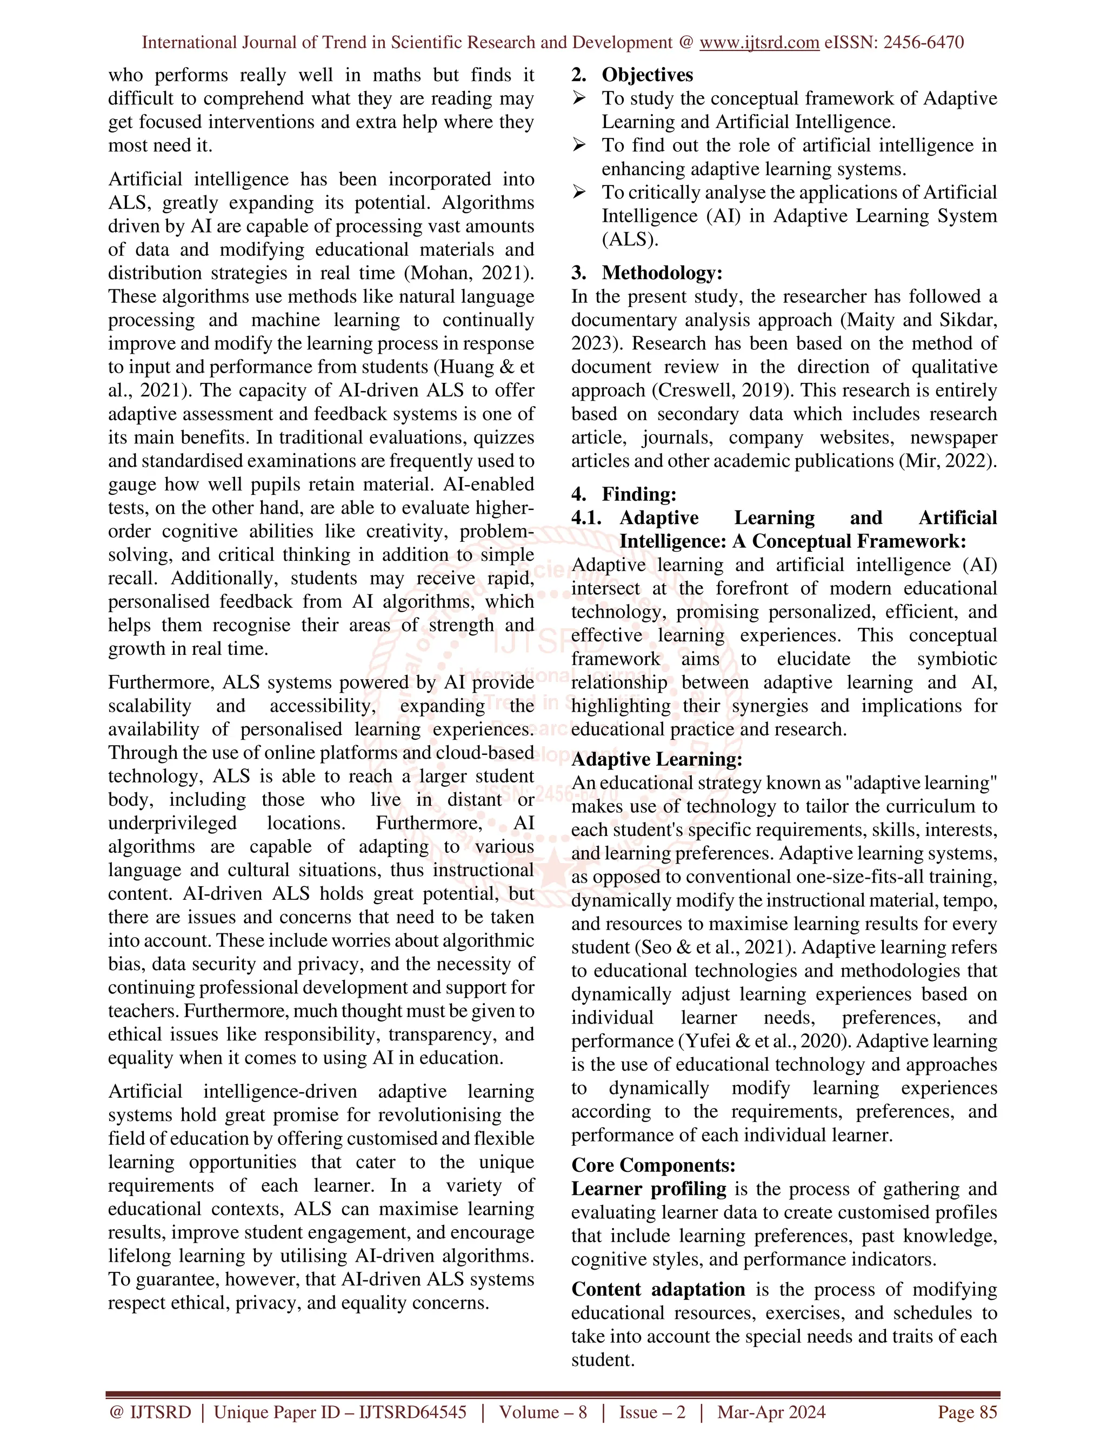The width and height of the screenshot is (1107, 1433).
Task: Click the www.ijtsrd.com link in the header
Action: [x=759, y=43]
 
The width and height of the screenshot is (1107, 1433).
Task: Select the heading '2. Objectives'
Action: [x=632, y=75]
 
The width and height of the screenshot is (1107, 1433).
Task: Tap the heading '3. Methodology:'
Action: [x=646, y=273]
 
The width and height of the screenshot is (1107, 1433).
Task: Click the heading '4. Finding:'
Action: [x=624, y=494]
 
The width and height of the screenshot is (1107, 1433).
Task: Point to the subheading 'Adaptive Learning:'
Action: [x=656, y=759]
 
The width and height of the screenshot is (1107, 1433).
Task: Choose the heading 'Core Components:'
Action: [x=653, y=1165]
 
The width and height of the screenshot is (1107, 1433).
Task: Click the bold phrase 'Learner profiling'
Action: [x=649, y=1189]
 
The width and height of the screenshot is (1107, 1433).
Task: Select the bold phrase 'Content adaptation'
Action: [x=658, y=1289]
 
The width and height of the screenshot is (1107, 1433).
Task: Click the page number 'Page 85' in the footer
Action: [x=968, y=1412]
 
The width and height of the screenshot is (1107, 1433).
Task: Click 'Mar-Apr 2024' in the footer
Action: [x=771, y=1412]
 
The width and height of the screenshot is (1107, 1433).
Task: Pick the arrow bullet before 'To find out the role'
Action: [x=578, y=145]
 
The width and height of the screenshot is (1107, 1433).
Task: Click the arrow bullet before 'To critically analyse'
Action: [x=578, y=193]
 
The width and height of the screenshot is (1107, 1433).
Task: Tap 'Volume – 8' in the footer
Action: [x=542, y=1412]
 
